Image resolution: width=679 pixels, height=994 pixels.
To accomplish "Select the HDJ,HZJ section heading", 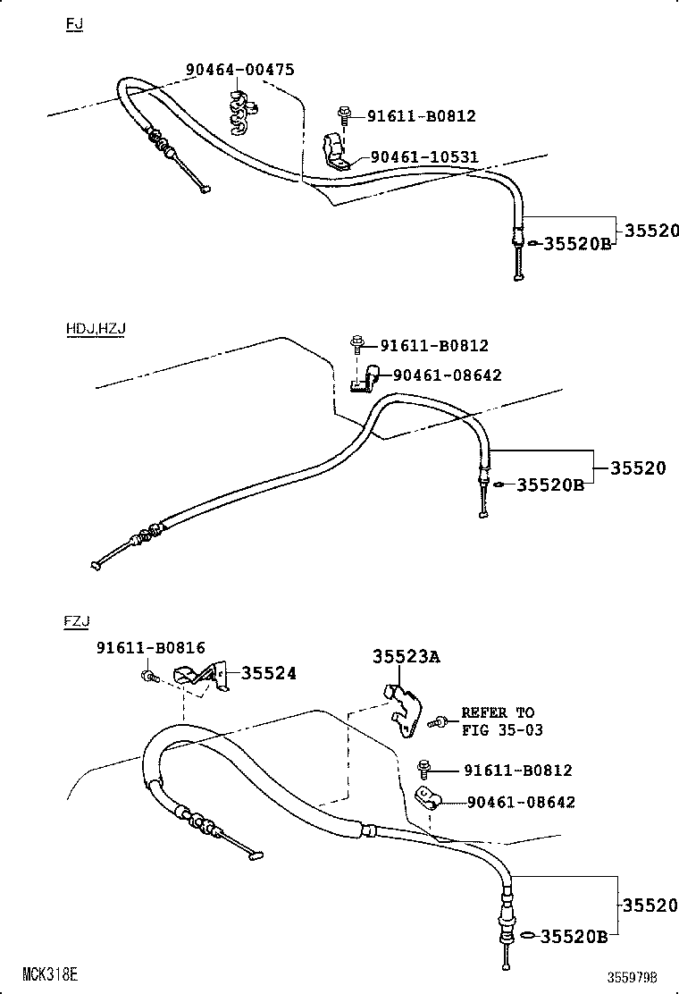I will [x=96, y=328].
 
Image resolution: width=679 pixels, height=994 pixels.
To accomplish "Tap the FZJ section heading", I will [x=77, y=620].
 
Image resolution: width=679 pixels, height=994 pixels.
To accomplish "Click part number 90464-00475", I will [x=239, y=70].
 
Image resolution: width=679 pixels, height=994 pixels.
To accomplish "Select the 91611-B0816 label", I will [x=150, y=647].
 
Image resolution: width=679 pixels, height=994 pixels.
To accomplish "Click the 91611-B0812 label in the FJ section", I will [x=422, y=115].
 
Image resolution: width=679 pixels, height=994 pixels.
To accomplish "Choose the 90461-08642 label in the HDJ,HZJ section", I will [x=447, y=375].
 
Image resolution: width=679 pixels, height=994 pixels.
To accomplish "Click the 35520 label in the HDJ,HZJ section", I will [x=638, y=468].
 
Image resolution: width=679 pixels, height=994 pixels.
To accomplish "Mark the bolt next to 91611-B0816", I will [x=149, y=676].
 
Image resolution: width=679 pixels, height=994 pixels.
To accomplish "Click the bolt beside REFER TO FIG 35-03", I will [x=438, y=720].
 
